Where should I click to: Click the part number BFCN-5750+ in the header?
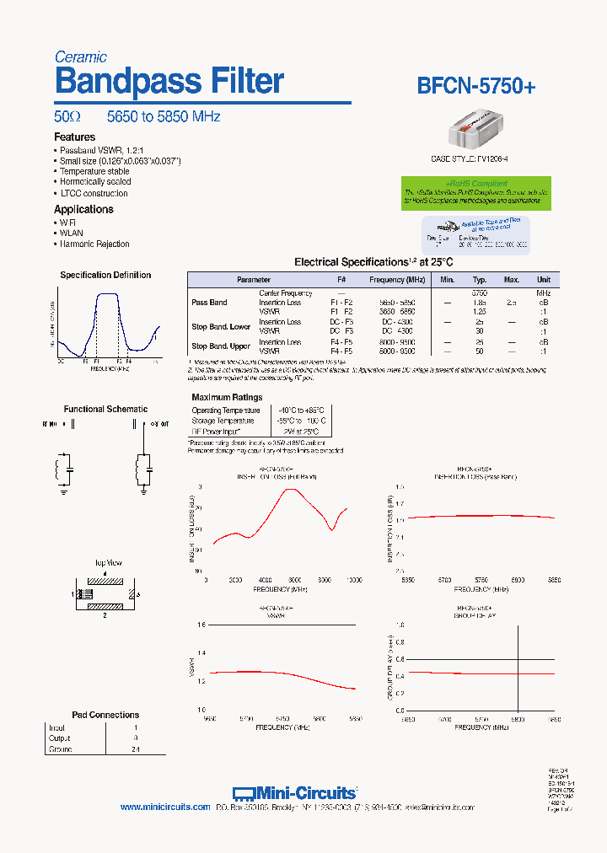click(476, 85)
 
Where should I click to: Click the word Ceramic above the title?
click(80, 57)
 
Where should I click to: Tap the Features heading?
click(74, 137)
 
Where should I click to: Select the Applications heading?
click(83, 209)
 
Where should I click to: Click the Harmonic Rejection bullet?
click(94, 244)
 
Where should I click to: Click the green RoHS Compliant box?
click(475, 192)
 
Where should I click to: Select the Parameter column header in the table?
click(254, 279)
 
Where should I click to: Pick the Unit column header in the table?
click(544, 279)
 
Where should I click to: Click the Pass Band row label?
click(209, 302)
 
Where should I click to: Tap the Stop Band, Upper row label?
click(221, 346)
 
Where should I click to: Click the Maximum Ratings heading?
click(227, 397)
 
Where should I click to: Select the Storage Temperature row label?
click(223, 421)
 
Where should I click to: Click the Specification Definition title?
click(105, 275)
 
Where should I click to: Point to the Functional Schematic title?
click(105, 409)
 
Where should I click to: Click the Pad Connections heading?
click(105, 715)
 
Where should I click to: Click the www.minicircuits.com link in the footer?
click(165, 807)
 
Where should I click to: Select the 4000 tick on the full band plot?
click(266, 580)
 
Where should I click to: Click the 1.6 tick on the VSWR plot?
click(201, 625)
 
